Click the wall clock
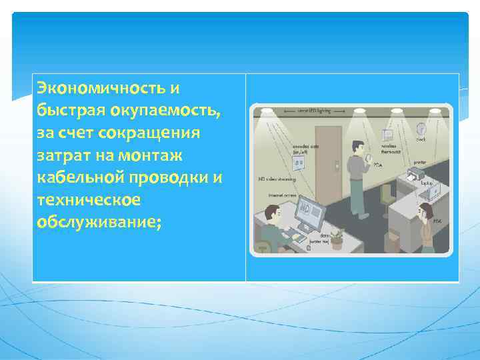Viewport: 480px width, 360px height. click(421, 129)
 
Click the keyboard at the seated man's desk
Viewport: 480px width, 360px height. click(299, 237)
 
